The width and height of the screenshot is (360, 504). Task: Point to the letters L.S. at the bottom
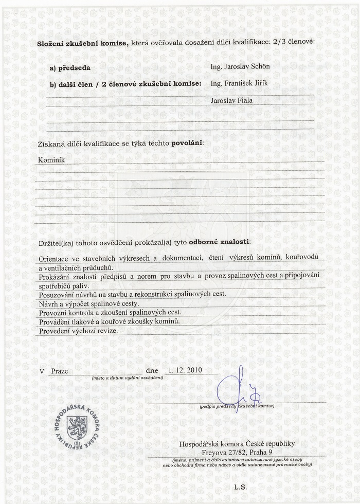241,487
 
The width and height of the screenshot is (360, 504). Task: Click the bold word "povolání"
187,141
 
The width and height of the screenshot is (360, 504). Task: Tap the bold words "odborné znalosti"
220,241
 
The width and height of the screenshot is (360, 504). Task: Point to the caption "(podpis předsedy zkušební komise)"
237,406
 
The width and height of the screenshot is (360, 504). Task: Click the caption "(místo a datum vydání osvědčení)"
128,378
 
